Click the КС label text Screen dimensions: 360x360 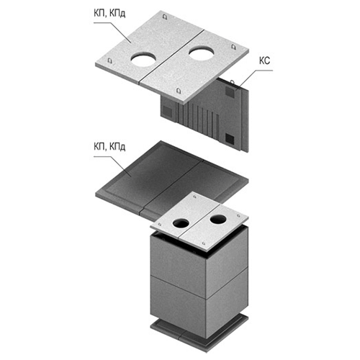click(264, 60)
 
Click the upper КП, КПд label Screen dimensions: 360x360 click(109, 14)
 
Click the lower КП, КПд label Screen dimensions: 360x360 click(109, 146)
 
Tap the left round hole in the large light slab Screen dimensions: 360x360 click(143, 60)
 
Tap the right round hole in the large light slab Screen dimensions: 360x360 click(201, 53)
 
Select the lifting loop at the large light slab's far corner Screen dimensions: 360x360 click(164, 17)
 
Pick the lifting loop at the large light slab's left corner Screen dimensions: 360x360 click(109, 60)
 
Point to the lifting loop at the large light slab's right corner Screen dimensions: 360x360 click(233, 47)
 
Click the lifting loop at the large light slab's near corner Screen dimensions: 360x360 click(179, 91)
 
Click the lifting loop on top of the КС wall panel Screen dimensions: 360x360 click(232, 82)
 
